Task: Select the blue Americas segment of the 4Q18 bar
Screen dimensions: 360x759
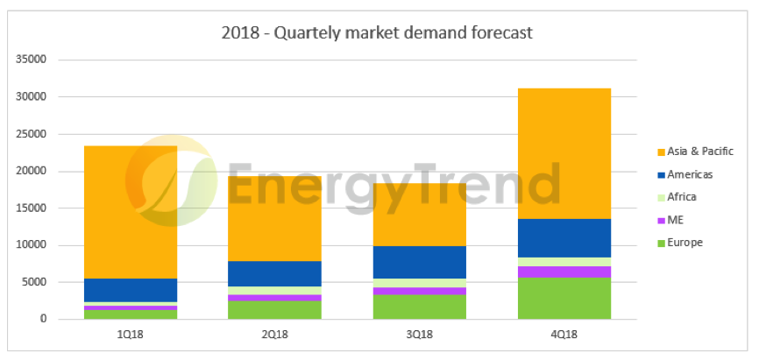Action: pyautogui.click(x=564, y=237)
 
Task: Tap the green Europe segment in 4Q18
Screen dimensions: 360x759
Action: pyautogui.click(x=564, y=298)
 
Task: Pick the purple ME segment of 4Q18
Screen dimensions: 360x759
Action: pyautogui.click(x=564, y=272)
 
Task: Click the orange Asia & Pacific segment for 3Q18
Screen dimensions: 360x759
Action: pyautogui.click(x=420, y=215)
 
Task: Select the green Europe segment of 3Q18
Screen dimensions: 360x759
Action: pyautogui.click(x=420, y=307)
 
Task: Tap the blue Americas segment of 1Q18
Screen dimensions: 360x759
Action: pyautogui.click(x=131, y=290)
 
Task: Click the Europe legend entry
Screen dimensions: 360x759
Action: pyautogui.click(x=685, y=243)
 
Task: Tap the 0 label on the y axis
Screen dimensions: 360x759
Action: pyautogui.click(x=43, y=319)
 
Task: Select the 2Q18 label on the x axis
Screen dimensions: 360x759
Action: pyautogui.click(x=275, y=335)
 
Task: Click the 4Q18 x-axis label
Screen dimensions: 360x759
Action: pyautogui.click(x=564, y=335)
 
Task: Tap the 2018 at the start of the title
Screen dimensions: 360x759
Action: pyautogui.click(x=239, y=33)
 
